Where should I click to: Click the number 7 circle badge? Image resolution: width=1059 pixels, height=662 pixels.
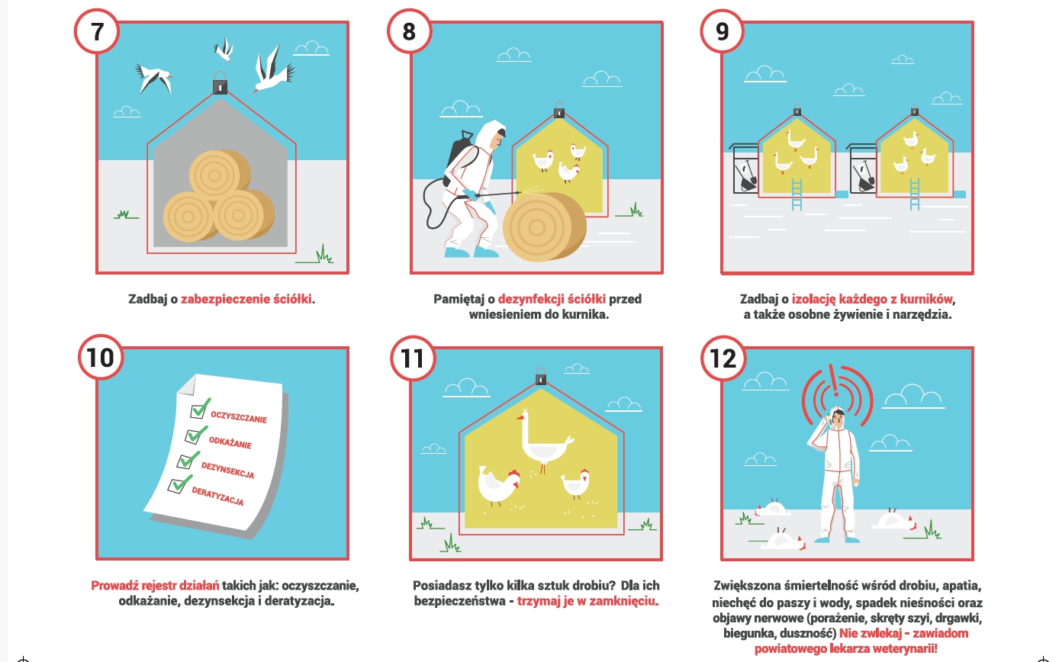coord(97,32)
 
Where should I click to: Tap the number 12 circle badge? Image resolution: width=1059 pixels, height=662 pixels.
coord(723,358)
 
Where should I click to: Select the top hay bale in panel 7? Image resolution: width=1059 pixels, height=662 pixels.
coord(220,175)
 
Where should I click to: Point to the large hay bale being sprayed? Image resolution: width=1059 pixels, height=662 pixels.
coord(544,227)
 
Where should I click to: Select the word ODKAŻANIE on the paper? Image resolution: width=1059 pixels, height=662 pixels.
coord(230,442)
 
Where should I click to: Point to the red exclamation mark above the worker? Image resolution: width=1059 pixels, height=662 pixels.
coord(836,381)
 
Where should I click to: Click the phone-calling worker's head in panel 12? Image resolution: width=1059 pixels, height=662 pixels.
coord(837,419)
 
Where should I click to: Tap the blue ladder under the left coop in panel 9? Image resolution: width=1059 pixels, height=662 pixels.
coord(797,194)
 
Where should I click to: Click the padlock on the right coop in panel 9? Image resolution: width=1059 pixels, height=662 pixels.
coord(914,110)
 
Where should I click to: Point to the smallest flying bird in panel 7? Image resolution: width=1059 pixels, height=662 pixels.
coord(224,49)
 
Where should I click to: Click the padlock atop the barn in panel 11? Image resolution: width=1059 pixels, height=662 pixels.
coord(541,377)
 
